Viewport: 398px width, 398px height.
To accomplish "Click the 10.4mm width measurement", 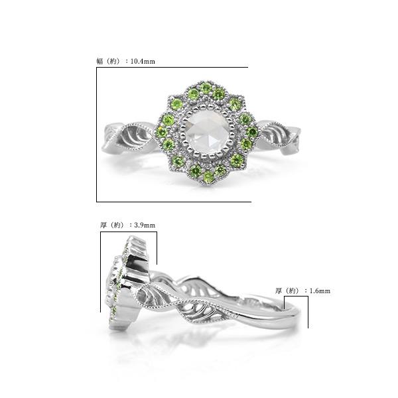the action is click(143, 62).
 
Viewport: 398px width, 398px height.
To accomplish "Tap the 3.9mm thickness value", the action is click(145, 225).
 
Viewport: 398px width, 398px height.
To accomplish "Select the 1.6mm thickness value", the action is click(320, 291).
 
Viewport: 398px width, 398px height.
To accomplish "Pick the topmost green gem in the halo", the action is click(206, 88).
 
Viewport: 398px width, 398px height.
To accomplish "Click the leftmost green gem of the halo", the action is click(162, 131).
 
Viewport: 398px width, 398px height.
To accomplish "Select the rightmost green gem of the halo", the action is click(252, 132).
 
